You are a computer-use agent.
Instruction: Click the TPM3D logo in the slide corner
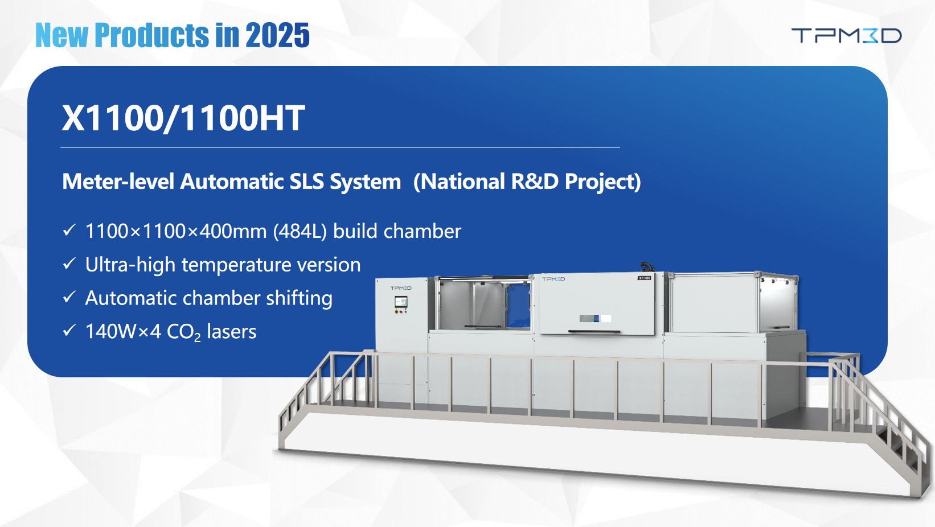click(847, 35)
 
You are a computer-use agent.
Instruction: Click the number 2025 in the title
click(277, 35)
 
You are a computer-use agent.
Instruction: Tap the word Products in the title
click(151, 35)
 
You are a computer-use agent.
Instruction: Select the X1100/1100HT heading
click(183, 118)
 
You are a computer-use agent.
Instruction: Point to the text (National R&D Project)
click(527, 182)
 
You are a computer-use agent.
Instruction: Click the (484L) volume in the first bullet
click(300, 231)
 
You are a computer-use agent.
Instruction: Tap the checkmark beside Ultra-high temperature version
click(69, 263)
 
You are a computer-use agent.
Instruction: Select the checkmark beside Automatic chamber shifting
click(69, 297)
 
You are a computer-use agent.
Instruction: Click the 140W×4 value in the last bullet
click(123, 332)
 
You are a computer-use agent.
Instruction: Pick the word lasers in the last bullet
click(232, 332)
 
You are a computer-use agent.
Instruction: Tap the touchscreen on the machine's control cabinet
click(401, 302)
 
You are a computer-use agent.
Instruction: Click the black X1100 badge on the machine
click(645, 278)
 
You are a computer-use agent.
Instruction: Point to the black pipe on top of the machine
click(646, 266)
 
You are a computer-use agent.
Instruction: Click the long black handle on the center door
click(594, 331)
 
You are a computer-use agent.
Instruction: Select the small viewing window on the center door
click(596, 318)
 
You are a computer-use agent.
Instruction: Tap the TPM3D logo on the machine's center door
click(553, 279)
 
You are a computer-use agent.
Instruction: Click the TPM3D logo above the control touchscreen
click(401, 288)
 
